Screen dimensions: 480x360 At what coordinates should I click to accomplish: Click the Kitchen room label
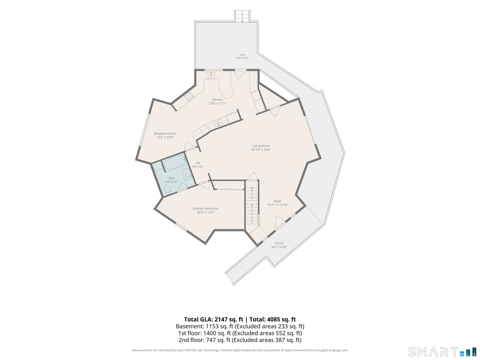pos(217,100)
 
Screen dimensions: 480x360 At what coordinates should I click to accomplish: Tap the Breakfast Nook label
pos(165,134)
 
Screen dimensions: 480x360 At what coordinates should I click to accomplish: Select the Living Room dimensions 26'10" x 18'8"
pos(261,150)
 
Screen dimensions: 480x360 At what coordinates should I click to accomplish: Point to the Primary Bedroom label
pos(206,209)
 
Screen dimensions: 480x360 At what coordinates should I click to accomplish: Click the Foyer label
pos(278,201)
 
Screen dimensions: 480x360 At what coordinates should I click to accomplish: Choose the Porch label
pos(279,243)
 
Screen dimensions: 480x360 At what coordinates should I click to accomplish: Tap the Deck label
pos(243,55)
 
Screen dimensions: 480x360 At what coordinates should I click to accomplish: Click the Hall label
pos(198,163)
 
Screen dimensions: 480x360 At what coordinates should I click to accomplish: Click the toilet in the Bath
pos(168,190)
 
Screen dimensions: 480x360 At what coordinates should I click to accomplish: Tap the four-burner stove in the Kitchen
pos(189,96)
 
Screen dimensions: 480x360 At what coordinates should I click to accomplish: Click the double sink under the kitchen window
pos(211,75)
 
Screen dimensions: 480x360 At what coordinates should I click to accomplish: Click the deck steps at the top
pos(242,16)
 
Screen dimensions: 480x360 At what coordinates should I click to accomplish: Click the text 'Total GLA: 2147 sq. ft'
pos(213,319)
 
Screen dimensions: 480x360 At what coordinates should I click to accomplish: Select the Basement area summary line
pos(240,326)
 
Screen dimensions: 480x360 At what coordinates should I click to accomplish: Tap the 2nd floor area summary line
pos(240,340)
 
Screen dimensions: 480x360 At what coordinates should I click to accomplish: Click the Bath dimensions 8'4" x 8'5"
pos(171,182)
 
